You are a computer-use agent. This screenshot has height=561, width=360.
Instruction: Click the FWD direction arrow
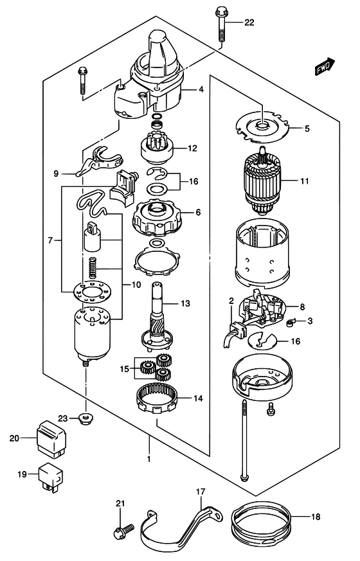point(325,66)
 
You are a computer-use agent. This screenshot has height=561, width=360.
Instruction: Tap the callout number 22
point(249,22)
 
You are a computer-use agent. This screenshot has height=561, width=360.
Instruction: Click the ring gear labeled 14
point(156,398)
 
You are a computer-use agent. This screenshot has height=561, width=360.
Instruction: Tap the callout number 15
point(124,368)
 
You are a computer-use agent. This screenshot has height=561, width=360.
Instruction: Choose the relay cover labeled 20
point(51,439)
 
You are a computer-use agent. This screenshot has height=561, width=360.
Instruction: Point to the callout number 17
point(201,492)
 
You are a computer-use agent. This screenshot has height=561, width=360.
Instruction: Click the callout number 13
point(185,304)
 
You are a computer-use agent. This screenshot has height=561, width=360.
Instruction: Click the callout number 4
point(201,89)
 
